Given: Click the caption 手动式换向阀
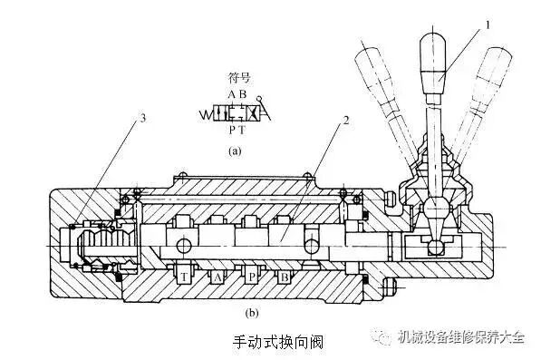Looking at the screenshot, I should point(272,343).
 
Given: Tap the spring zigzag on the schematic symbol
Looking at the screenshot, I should point(207,114).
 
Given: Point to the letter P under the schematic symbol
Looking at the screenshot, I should point(232,130).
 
